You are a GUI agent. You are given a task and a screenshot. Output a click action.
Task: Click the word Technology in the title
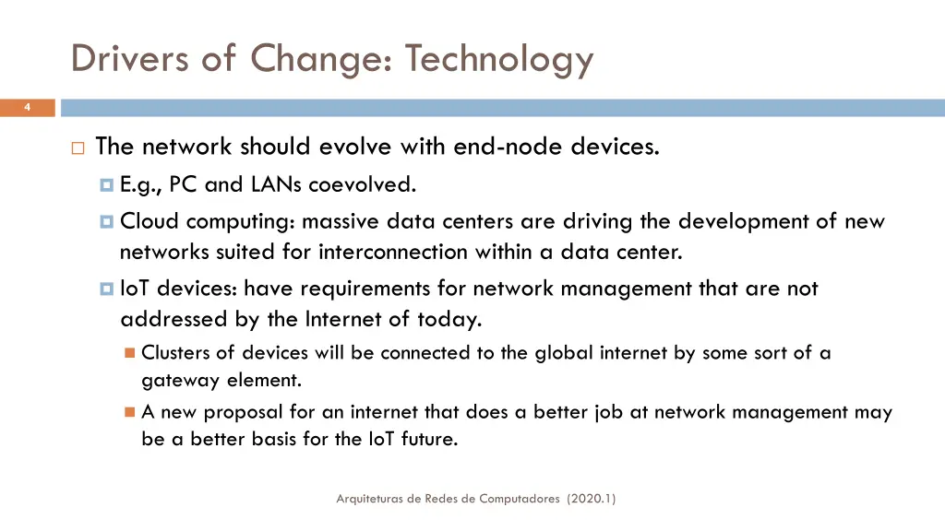(499, 59)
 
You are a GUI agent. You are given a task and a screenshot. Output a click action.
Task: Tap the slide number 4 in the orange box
(27, 108)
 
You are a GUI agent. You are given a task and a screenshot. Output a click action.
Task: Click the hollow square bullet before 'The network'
(77, 147)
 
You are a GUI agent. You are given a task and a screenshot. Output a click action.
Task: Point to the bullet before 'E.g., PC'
(106, 185)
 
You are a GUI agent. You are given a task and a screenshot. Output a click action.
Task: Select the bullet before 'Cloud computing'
(106, 222)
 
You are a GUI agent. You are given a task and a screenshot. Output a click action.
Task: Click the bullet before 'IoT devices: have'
(106, 289)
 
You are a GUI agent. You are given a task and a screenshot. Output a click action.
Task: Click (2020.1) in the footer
(592, 499)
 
